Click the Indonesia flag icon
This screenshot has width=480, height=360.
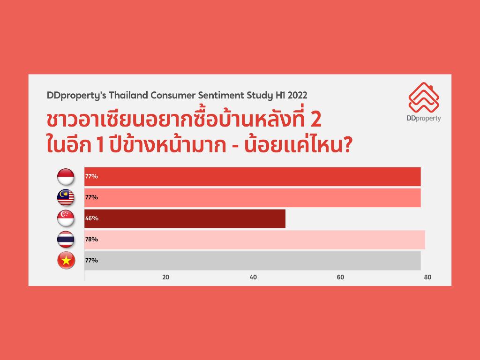click(x=66, y=177)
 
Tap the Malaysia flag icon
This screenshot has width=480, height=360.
click(x=66, y=197)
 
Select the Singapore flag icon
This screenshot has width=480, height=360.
click(x=66, y=218)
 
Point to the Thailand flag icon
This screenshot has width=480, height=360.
click(x=66, y=240)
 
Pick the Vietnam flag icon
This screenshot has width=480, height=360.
click(x=66, y=261)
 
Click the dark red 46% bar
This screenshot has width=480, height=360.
click(x=185, y=218)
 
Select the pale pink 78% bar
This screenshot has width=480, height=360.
click(x=255, y=240)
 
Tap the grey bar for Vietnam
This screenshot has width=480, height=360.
click(x=253, y=261)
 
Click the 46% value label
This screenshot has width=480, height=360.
click(x=92, y=218)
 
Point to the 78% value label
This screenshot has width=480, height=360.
click(x=92, y=239)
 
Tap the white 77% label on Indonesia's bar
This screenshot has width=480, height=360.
click(x=91, y=176)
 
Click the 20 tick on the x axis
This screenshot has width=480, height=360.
click(x=165, y=277)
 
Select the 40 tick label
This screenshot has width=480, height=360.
click(x=253, y=277)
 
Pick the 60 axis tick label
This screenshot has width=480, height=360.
click(x=340, y=277)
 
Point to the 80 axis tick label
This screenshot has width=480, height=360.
click(x=427, y=277)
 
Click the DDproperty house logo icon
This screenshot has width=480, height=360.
click(x=424, y=97)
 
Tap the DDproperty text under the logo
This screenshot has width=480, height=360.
click(x=424, y=119)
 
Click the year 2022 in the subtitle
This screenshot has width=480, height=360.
click(x=297, y=95)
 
